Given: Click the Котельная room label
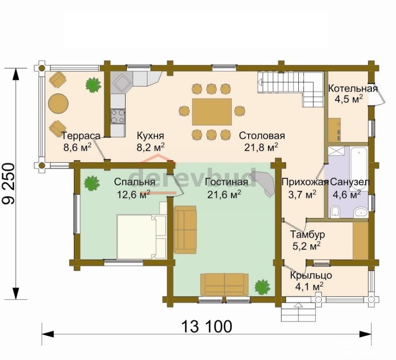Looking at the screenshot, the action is click(353, 88).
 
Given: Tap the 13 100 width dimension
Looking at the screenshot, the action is click(207, 326).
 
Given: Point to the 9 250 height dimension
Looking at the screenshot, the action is click(9, 184).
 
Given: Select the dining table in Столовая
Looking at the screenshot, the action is click(212, 112).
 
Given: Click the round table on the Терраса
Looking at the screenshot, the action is click(59, 104).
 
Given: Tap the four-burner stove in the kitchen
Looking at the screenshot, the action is click(118, 116).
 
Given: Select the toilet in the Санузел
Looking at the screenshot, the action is click(335, 212).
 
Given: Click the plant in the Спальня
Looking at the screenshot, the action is click(92, 183).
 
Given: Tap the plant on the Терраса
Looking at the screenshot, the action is click(93, 85).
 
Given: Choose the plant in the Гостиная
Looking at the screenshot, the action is click(262, 287).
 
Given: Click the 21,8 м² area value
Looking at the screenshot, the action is click(261, 147).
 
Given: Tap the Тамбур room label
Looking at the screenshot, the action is click(307, 235).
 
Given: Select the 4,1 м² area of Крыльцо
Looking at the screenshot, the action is click(309, 287).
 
